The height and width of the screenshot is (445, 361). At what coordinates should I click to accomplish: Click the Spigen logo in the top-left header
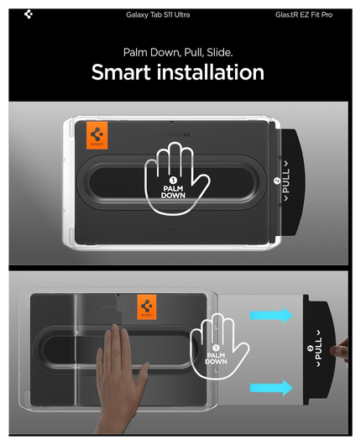tap(30, 14)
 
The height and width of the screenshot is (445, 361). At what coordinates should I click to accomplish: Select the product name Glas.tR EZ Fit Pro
tap(303, 15)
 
